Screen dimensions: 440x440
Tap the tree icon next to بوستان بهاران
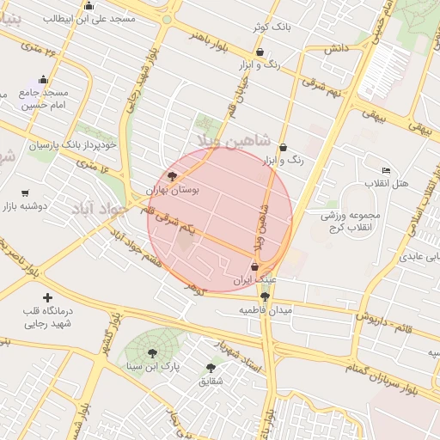[173, 176]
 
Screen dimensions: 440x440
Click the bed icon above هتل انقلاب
[386, 170]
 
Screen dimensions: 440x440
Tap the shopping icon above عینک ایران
[254, 267]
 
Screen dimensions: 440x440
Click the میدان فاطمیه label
[266, 309]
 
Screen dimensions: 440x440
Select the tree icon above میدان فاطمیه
[264, 296]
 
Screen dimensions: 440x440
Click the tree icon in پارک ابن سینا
[153, 353]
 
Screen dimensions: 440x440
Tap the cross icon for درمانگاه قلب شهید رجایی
[46, 296]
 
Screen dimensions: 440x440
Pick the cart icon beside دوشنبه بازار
[25, 193]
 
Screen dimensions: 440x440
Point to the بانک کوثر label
[272, 27]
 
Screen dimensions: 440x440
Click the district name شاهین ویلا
[233, 140]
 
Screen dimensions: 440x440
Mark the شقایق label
[211, 380]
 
